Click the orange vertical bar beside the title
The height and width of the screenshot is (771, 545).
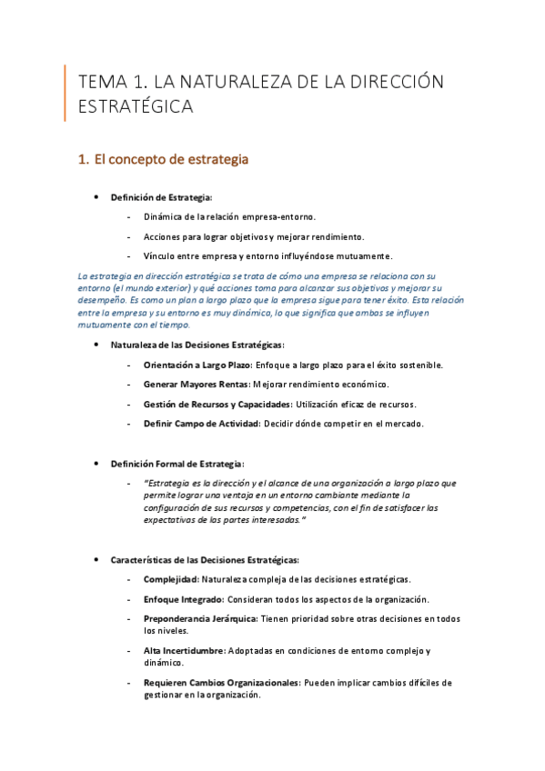[x=65, y=93]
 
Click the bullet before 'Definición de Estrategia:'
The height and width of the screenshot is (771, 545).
[x=96, y=197]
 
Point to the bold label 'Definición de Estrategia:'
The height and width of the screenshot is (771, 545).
[x=162, y=197]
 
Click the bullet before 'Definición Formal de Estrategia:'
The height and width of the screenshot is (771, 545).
[x=96, y=463]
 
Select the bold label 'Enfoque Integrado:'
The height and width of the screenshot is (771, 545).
[x=183, y=598]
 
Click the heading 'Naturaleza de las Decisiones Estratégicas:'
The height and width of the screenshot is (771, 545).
[x=197, y=345]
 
